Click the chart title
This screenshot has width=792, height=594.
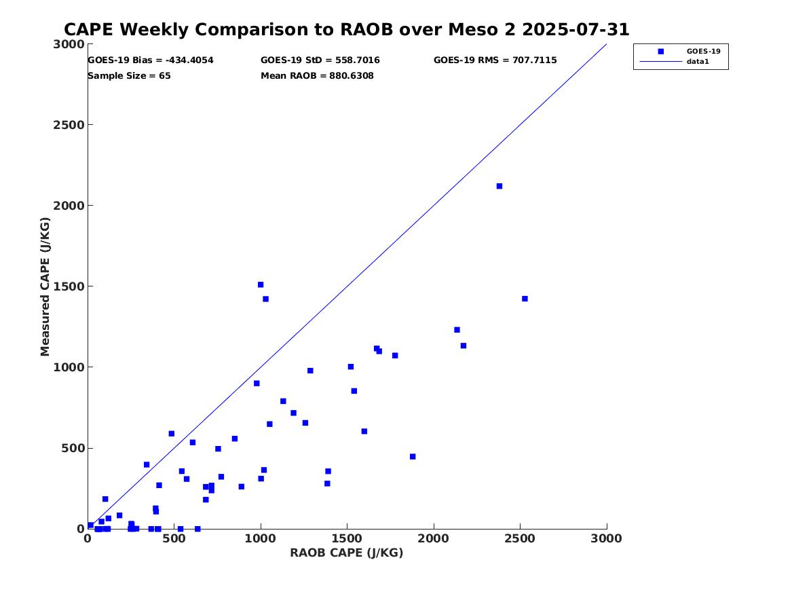pyautogui.click(x=346, y=30)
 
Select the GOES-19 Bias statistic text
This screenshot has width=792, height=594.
pyautogui.click(x=151, y=60)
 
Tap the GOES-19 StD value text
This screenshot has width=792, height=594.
pyautogui.click(x=320, y=60)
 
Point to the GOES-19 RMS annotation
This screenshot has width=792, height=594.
pyautogui.click(x=495, y=60)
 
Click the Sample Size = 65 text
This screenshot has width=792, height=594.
pyautogui.click(x=129, y=76)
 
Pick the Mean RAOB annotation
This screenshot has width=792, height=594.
pyautogui.click(x=317, y=76)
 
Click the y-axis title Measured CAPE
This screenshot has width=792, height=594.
pyautogui.click(x=45, y=286)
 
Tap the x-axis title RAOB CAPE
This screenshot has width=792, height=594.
pyautogui.click(x=347, y=553)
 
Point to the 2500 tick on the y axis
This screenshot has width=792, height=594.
pyautogui.click(x=71, y=125)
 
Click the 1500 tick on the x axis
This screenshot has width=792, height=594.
pyautogui.click(x=347, y=538)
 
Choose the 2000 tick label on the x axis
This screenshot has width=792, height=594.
pyautogui.click(x=434, y=538)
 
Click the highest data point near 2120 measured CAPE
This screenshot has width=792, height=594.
pyautogui.click(x=499, y=186)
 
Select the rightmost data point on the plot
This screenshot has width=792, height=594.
pyautogui.click(x=525, y=299)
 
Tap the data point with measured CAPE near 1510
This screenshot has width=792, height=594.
pyautogui.click(x=261, y=284)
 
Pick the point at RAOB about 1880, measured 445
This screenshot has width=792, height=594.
pyautogui.click(x=413, y=457)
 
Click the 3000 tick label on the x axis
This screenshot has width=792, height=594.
pyautogui.click(x=606, y=538)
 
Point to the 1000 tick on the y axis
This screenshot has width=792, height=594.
pyautogui.click(x=71, y=367)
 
